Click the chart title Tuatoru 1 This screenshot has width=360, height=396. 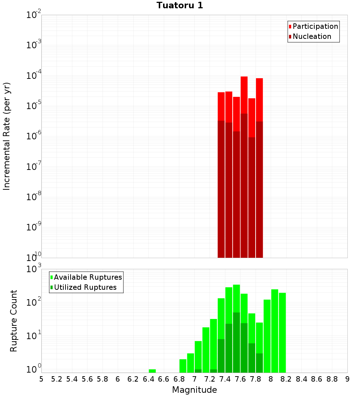pyautogui.click(x=180, y=5)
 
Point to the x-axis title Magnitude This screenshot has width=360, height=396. pyautogui.click(x=194, y=390)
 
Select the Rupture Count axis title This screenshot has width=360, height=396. pyautogui.click(x=14, y=321)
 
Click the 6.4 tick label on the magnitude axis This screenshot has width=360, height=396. pyautogui.click(x=148, y=379)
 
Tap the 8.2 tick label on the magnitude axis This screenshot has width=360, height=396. pyautogui.click(x=286, y=379)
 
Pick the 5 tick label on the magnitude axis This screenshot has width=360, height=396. pyautogui.click(x=41, y=379)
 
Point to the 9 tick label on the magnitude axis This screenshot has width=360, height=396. pyautogui.click(x=347, y=379)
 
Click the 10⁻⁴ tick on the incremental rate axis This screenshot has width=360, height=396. pyautogui.click(x=33, y=76)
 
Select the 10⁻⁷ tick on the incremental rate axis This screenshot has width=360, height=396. pyautogui.click(x=33, y=167)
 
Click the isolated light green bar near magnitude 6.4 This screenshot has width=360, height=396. pyautogui.click(x=152, y=371)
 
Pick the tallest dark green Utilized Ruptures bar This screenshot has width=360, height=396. pyautogui.click(x=237, y=342)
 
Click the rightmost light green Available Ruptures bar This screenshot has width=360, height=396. pyautogui.click(x=282, y=331)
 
